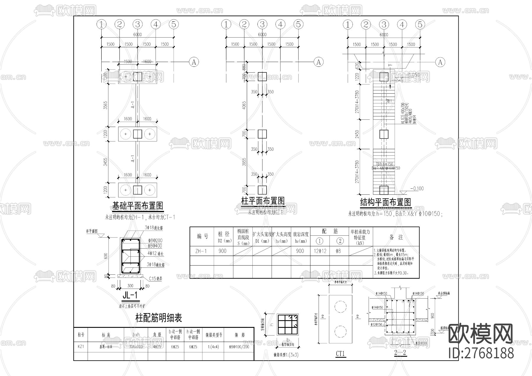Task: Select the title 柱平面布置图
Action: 263,201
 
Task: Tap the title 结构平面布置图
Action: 385,202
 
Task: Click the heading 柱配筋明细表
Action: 158,318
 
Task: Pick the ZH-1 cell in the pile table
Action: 201,251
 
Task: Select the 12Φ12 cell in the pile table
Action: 320,251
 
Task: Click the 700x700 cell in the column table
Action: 136,347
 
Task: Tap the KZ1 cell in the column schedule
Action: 81,347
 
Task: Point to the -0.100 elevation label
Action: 417,188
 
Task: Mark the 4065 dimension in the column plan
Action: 244,105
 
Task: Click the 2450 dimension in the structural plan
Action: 357,135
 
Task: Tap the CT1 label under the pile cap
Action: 340,354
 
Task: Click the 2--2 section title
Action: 400,353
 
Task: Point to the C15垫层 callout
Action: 155,279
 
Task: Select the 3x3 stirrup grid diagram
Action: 288,324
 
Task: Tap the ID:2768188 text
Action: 481,353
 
